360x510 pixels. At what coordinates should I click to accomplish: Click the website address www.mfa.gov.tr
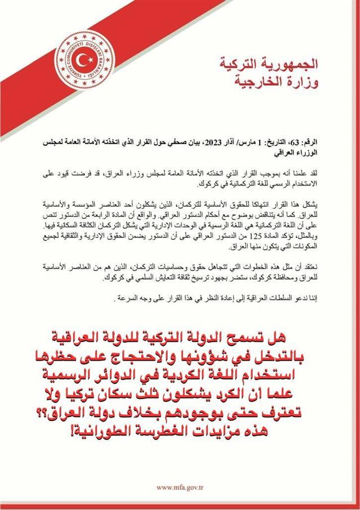180,487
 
